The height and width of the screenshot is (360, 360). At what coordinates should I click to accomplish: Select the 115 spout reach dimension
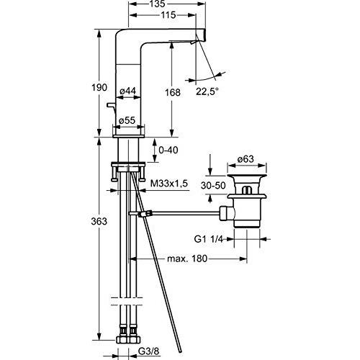[x=168, y=15]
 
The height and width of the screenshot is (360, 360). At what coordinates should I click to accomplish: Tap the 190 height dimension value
[x=99, y=88]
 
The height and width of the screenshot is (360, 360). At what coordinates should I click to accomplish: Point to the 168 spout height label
[x=172, y=92]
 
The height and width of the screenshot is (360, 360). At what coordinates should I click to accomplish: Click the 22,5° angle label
[x=207, y=91]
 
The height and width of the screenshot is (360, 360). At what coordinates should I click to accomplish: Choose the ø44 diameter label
[x=127, y=91]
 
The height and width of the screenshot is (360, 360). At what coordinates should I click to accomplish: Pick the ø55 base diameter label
[x=127, y=120]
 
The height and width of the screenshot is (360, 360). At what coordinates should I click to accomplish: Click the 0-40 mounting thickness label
[x=168, y=150]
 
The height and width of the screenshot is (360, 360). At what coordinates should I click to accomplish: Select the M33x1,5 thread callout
[x=168, y=184]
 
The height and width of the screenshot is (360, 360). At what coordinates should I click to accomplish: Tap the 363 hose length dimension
[x=99, y=221]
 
